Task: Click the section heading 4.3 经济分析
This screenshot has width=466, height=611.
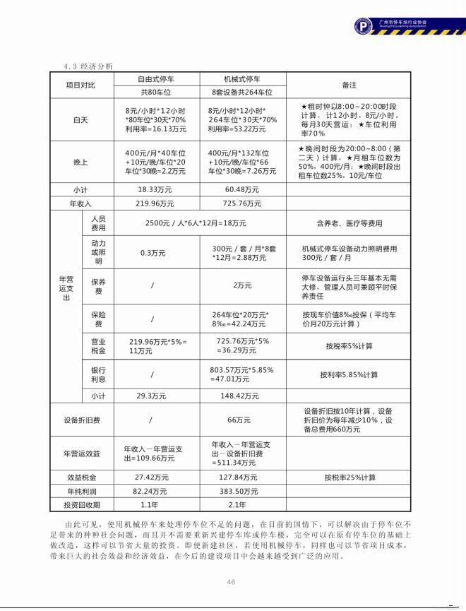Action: tap(88, 66)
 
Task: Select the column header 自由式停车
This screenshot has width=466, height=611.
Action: tap(156, 79)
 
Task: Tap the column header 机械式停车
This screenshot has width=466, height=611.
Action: tap(241, 79)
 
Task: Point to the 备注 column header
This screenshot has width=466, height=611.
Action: tap(349, 85)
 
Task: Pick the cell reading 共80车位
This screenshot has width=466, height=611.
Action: tap(156, 92)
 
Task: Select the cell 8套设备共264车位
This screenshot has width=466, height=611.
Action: tap(241, 92)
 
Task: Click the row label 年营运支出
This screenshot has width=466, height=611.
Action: tap(64, 288)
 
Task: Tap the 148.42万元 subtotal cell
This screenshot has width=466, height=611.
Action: tap(241, 396)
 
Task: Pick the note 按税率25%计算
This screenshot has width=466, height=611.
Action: tap(349, 477)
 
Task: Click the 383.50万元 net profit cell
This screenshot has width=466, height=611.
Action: tap(241, 491)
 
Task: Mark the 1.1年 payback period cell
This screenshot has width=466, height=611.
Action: tap(149, 504)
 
